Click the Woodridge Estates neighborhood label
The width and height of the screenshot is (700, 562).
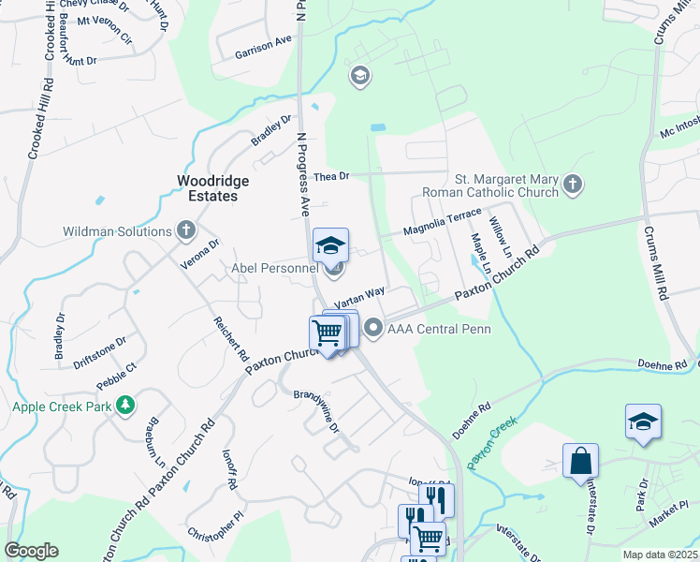208,187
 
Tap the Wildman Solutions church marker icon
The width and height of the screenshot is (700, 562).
186,230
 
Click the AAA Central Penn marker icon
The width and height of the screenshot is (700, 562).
374,328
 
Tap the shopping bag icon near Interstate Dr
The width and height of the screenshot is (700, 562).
580,461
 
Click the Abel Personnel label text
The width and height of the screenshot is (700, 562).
276,269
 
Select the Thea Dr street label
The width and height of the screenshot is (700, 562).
331,175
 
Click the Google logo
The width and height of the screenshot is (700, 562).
31,551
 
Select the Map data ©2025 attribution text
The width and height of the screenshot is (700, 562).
660,555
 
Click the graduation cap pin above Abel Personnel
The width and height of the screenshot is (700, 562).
330,246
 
